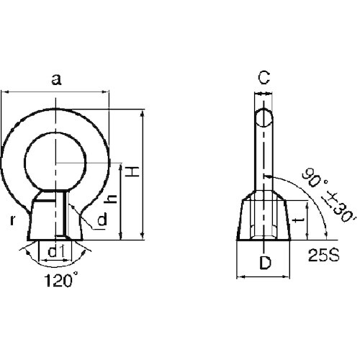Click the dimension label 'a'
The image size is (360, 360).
(x=56, y=80)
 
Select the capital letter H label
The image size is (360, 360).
(x=132, y=171)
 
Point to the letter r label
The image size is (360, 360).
(x=12, y=220)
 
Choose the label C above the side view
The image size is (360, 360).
(x=264, y=78)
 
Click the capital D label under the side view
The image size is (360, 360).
(x=265, y=262)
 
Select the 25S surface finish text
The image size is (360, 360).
(x=324, y=255)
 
